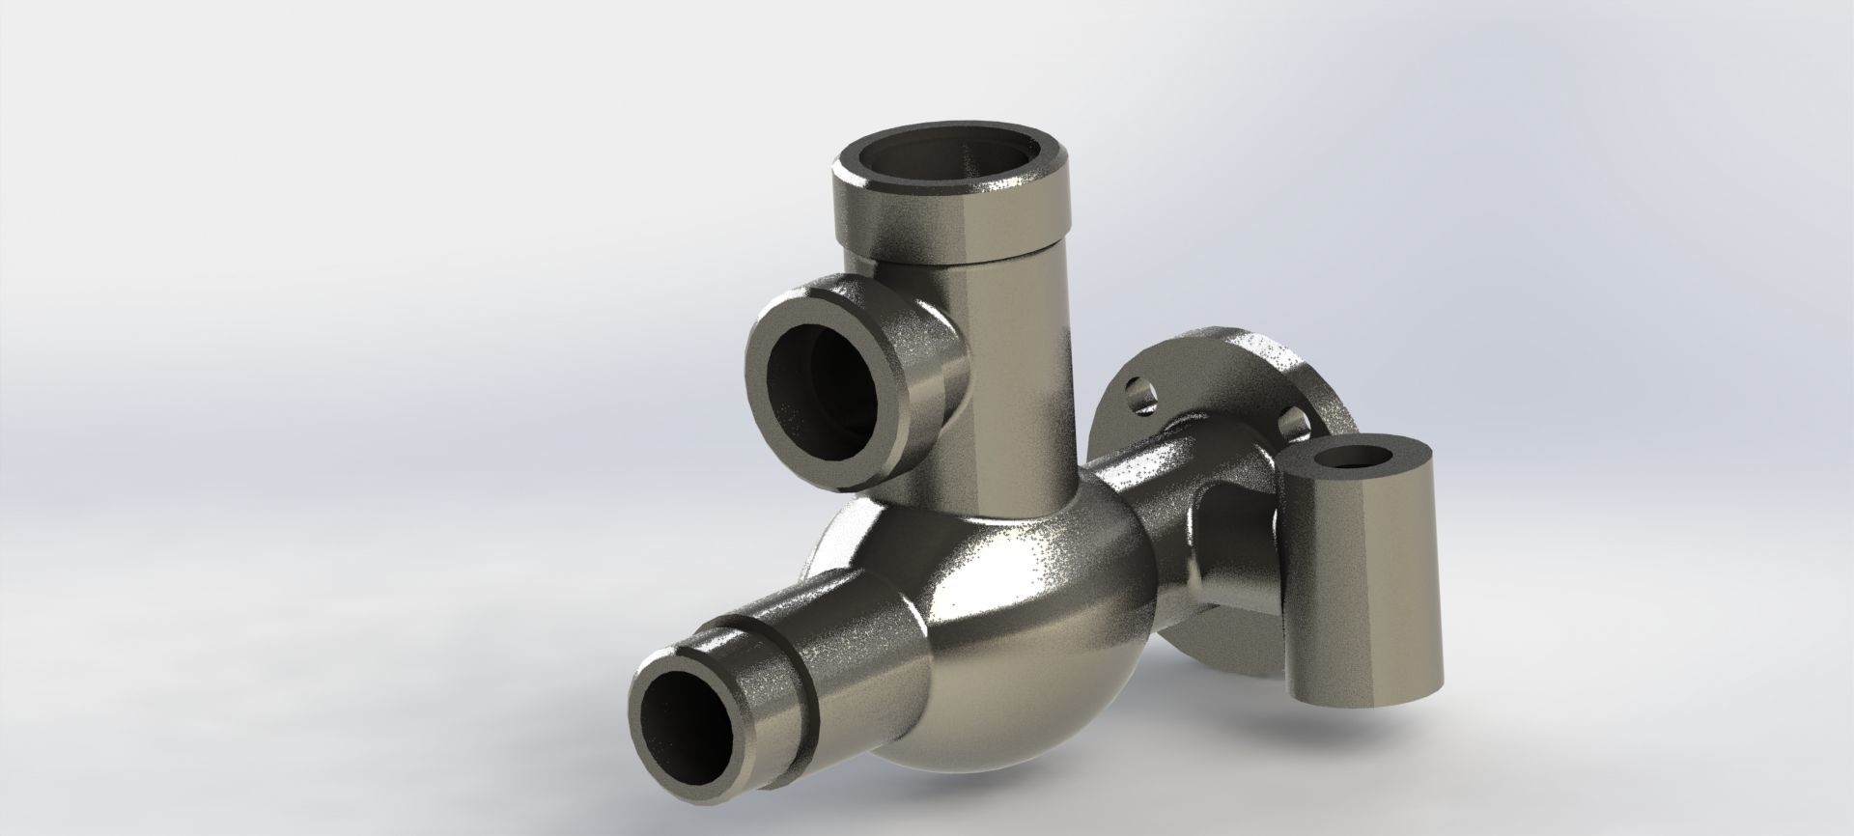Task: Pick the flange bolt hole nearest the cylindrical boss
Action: click(1290, 421)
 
